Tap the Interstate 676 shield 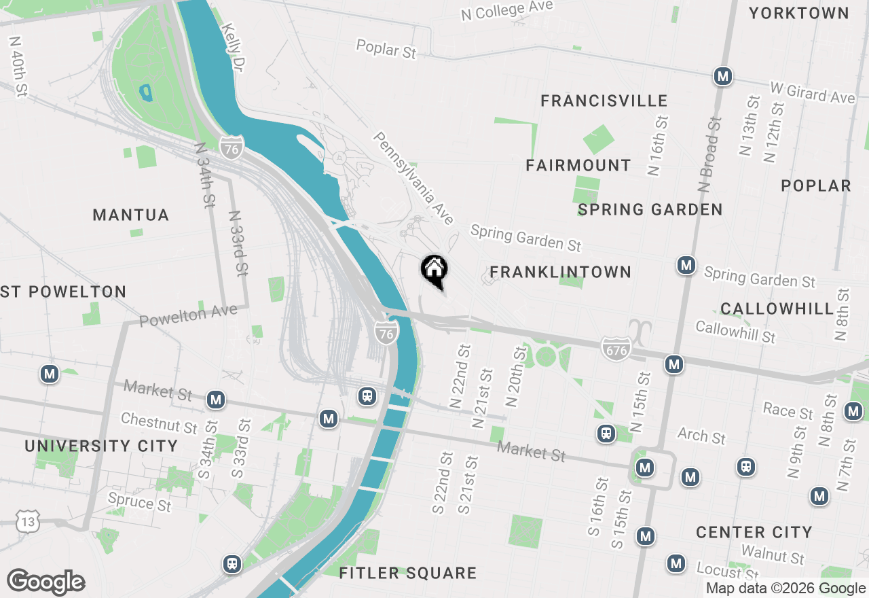tap(616, 349)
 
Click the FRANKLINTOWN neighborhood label tap(560, 272)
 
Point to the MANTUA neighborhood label tap(130, 215)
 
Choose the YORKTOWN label tap(799, 13)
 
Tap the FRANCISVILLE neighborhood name tap(604, 101)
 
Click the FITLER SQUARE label tap(407, 573)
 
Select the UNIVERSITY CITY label tap(101, 446)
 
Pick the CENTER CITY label tap(754, 532)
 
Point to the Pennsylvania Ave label tap(413, 178)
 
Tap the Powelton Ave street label tap(188, 315)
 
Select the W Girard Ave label tap(813, 92)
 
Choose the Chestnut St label tap(159, 423)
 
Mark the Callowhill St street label tap(735, 332)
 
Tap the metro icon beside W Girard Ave tap(723, 76)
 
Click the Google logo tap(45, 582)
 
